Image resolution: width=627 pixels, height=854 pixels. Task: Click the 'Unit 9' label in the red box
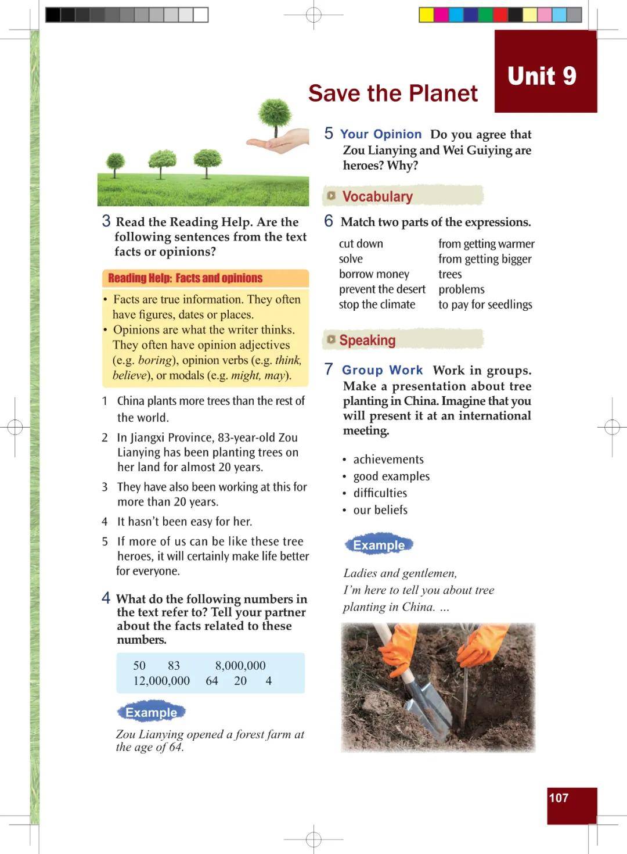click(x=542, y=76)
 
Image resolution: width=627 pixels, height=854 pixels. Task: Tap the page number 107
click(x=558, y=798)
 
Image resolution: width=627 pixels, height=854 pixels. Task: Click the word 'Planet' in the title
click(x=443, y=93)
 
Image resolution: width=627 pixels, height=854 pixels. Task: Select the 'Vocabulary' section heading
click(x=377, y=196)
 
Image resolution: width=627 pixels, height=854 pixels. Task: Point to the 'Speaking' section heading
click(x=367, y=340)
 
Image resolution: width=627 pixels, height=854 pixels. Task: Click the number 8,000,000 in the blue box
click(x=240, y=665)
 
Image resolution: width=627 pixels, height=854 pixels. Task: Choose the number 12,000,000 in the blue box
click(x=161, y=680)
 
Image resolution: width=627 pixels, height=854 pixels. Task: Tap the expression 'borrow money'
click(x=374, y=274)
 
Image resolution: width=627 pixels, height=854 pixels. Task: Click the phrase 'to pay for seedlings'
click(x=485, y=304)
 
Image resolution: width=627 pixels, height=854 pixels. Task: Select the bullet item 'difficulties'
click(x=380, y=493)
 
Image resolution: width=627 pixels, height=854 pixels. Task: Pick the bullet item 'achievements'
click(x=388, y=459)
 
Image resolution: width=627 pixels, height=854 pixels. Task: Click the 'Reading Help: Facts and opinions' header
click(x=185, y=278)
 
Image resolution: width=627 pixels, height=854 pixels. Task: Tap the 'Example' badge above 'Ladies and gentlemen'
click(x=379, y=545)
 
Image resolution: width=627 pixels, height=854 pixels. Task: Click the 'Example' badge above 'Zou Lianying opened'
click(x=151, y=712)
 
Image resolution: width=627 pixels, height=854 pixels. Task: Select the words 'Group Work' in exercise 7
click(x=382, y=370)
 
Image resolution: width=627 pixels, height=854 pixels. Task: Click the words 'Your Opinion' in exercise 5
click(x=381, y=134)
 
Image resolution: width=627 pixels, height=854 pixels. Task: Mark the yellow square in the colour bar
click(x=426, y=15)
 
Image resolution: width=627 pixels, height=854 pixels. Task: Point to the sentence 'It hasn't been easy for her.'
click(x=184, y=521)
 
